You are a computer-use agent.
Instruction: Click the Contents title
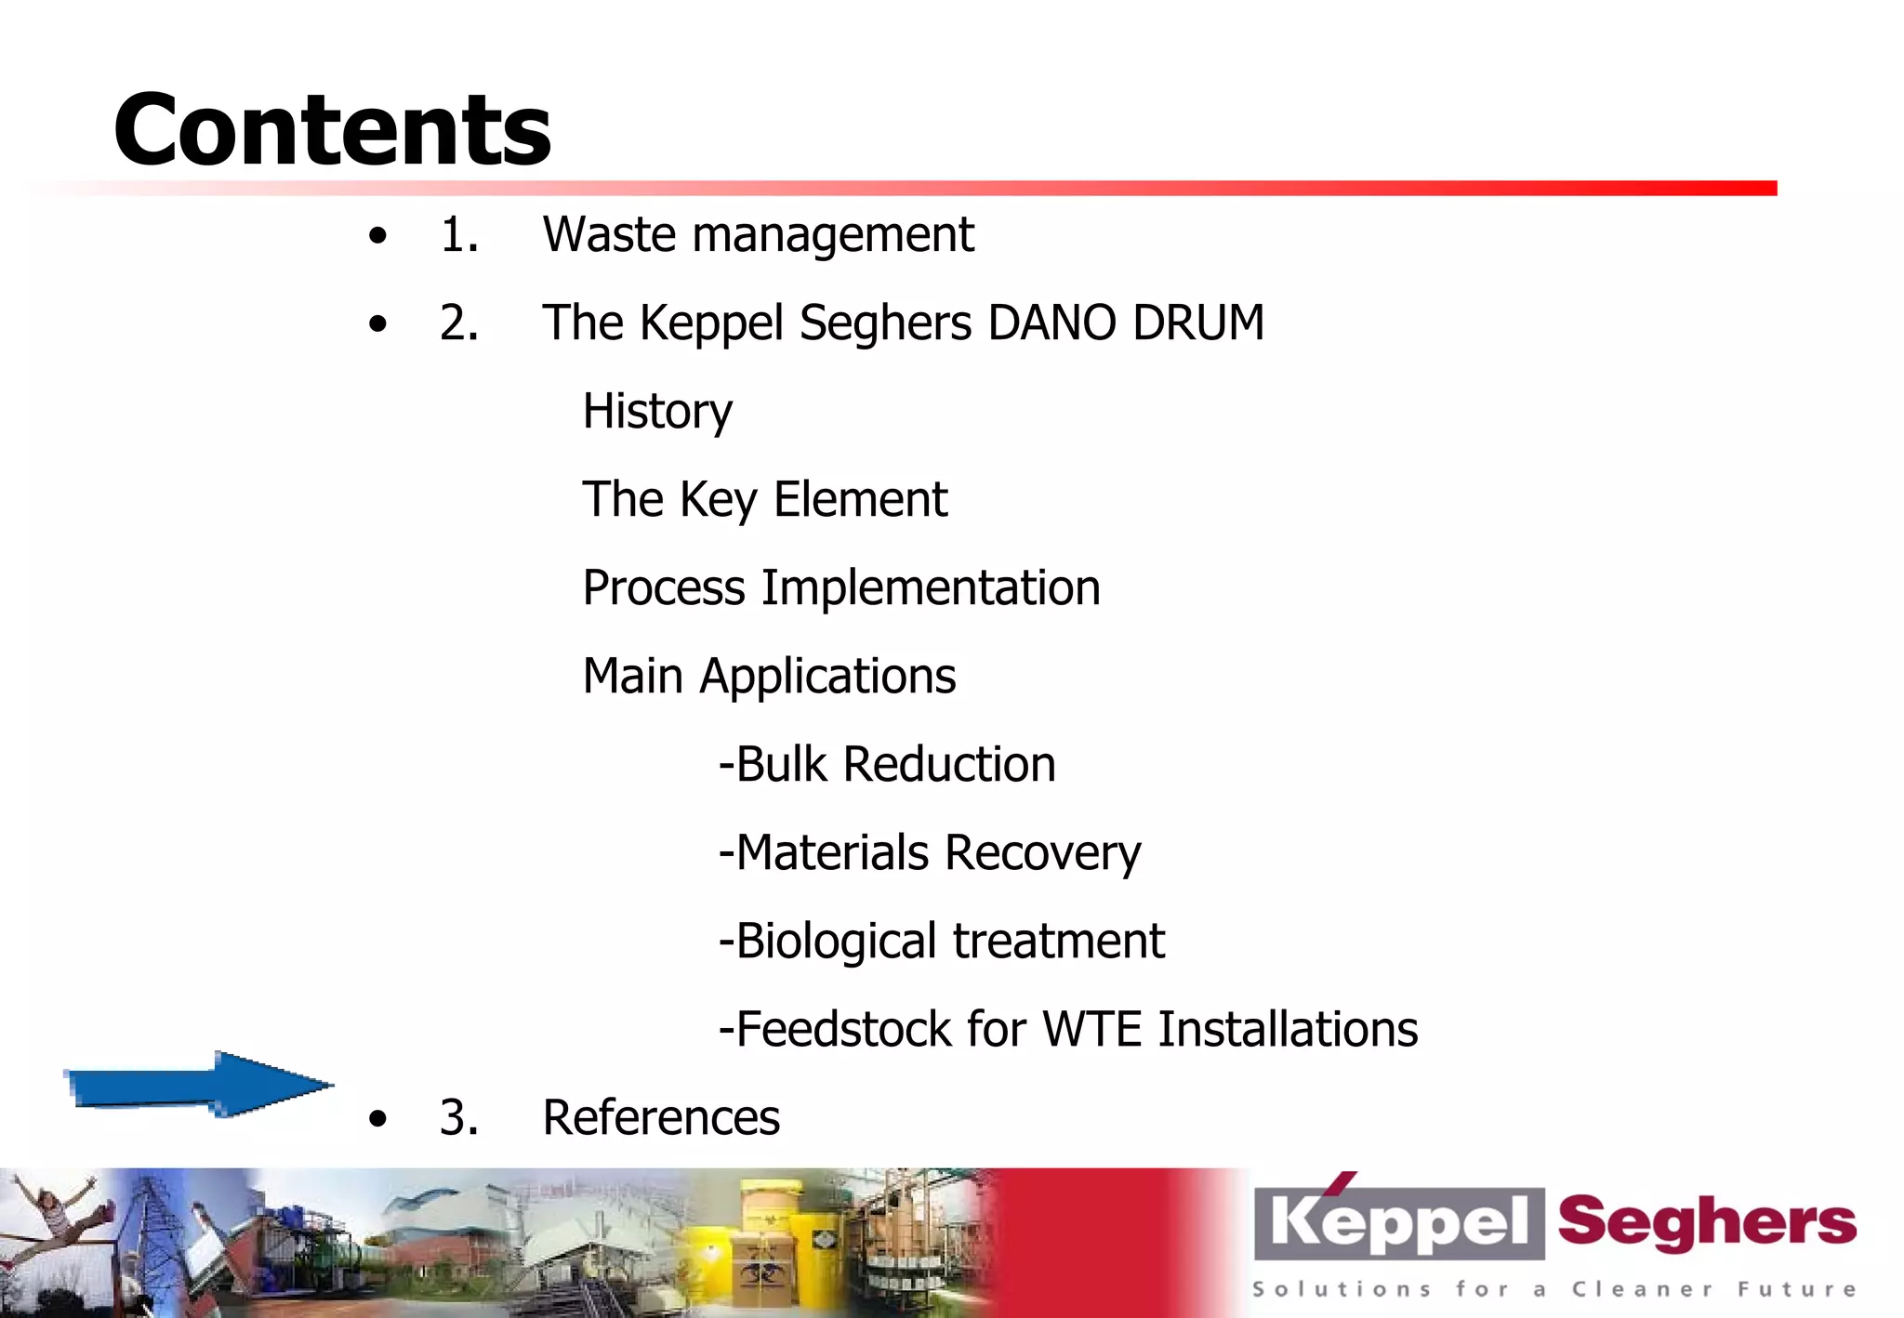pos(332,129)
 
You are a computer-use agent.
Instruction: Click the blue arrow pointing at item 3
pos(197,1085)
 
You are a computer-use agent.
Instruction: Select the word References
pos(661,1117)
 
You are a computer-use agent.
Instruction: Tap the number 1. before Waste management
pos(459,234)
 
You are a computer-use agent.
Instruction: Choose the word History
pos(657,411)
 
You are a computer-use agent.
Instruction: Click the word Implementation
pos(931,587)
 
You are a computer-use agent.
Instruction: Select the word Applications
pos(827,677)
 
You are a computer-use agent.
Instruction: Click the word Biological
pos(836,941)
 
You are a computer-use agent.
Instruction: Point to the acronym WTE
pos(1091,1029)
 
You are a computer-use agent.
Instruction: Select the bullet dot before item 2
pos(377,323)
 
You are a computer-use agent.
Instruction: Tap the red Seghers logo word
pos(1707,1221)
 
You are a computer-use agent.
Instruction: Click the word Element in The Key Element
pos(860,499)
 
